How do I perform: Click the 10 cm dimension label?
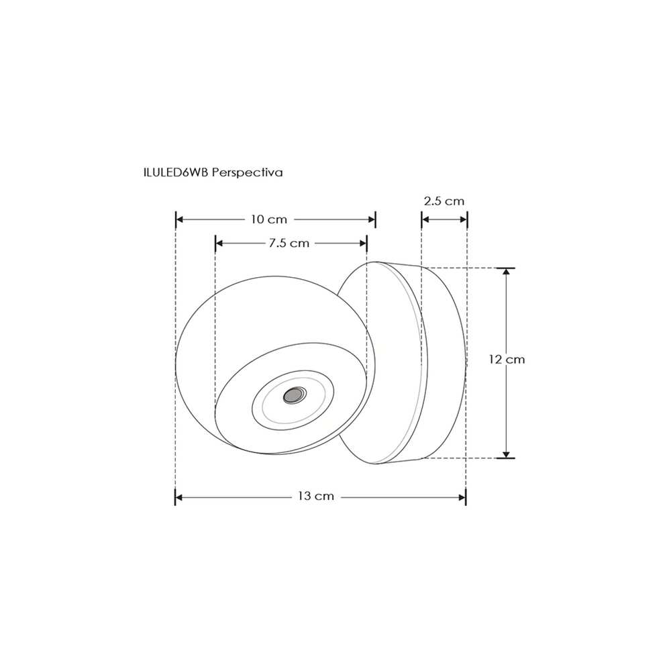point(269,219)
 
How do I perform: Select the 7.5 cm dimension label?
point(289,244)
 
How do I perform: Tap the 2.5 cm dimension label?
point(444,201)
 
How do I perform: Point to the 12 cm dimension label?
point(507,360)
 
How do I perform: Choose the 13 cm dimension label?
point(316,497)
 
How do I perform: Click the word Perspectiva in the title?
point(248,172)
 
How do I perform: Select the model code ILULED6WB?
point(176,172)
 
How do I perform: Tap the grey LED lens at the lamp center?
point(295,395)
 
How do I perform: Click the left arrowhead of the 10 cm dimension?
point(179,219)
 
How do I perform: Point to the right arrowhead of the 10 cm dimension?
point(372,219)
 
